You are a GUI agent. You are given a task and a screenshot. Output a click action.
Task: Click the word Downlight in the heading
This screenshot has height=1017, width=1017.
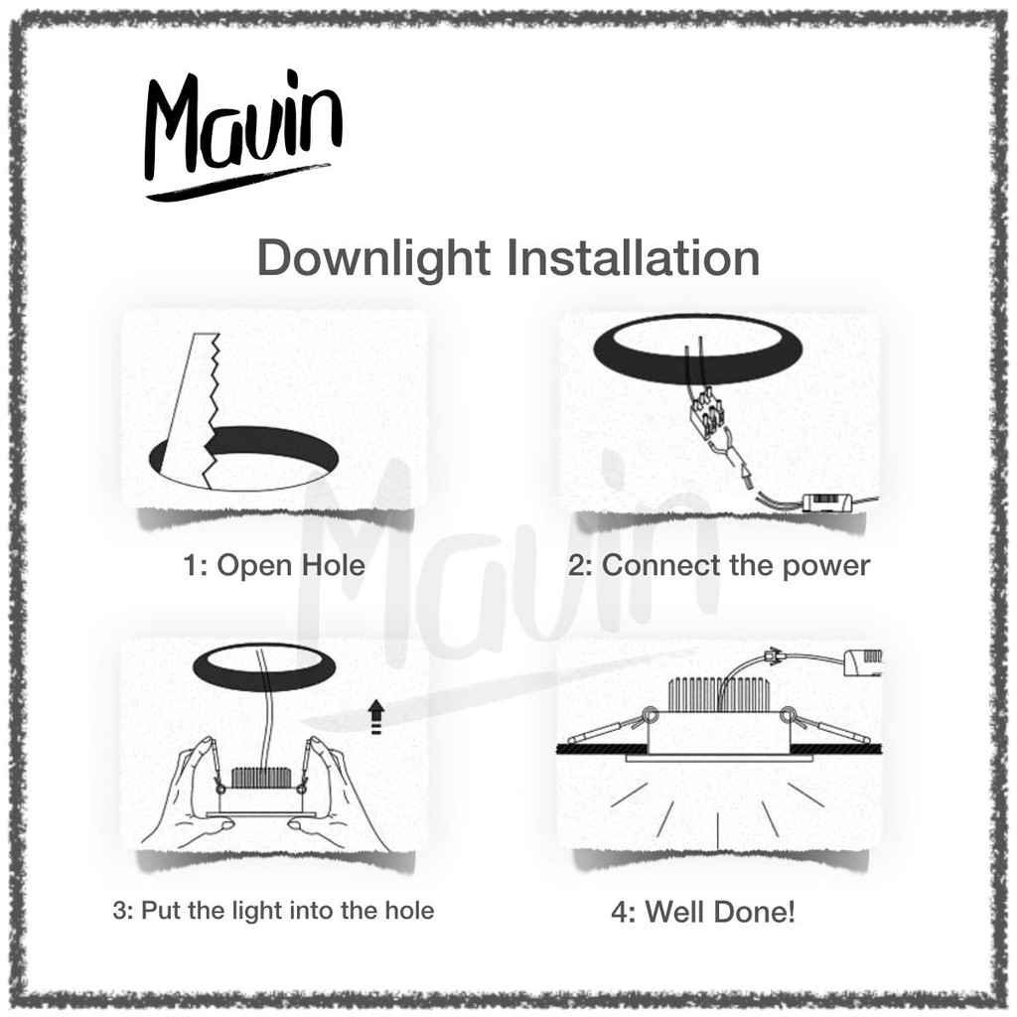373,258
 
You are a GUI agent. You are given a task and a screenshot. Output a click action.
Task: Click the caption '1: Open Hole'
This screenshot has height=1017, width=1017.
274,565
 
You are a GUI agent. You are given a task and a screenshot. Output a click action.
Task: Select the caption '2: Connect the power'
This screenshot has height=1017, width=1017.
719,565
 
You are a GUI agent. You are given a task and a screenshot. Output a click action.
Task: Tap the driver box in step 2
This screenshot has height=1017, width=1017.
828,502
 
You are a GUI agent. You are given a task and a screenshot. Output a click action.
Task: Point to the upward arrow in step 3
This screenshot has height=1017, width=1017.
375,717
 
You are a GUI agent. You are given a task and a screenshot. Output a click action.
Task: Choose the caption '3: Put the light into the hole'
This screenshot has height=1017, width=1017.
273,911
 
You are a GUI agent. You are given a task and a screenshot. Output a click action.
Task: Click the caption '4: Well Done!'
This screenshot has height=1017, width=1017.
703,912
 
